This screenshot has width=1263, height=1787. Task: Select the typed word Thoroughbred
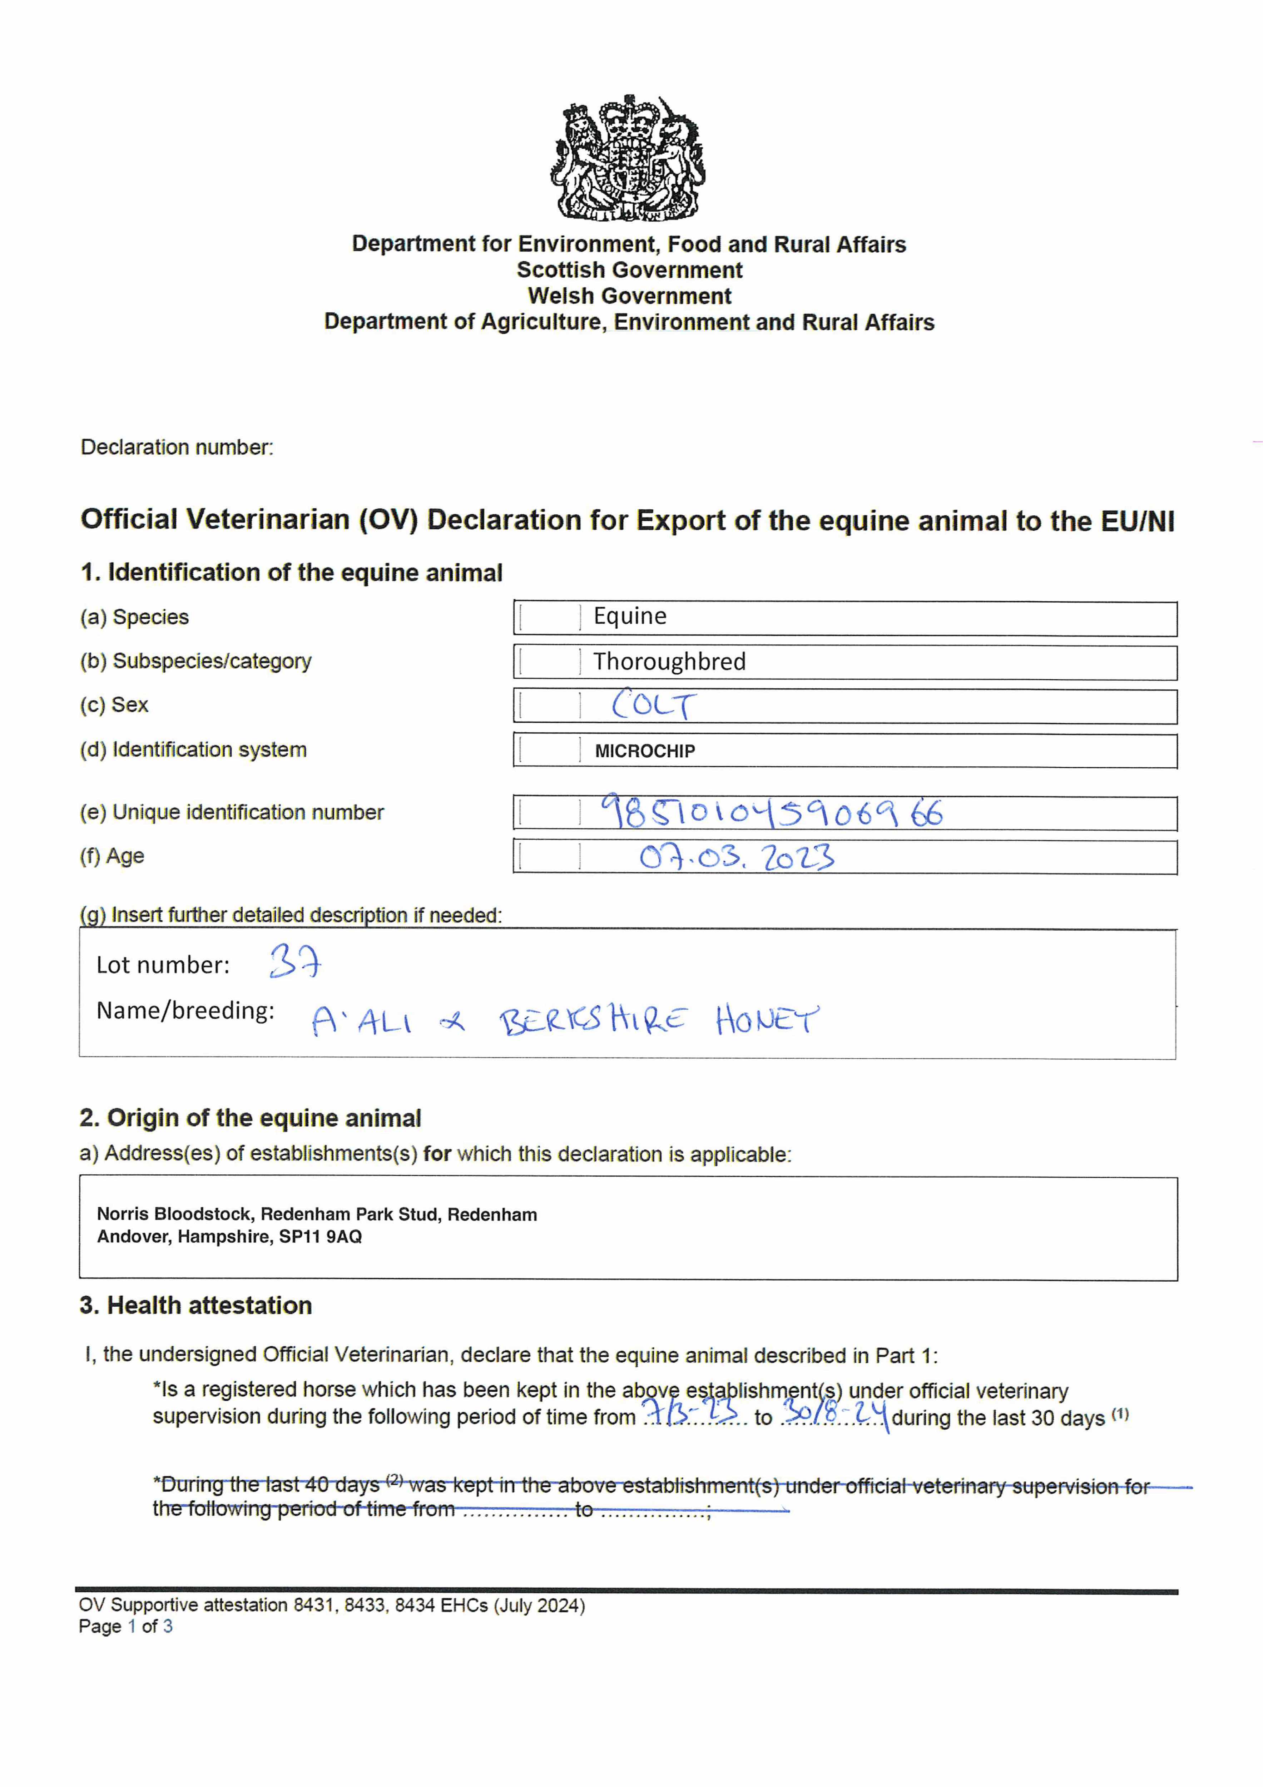pos(669,662)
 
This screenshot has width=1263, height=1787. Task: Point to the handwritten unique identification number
pos(771,813)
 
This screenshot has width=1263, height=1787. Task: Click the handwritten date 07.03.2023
pos(736,857)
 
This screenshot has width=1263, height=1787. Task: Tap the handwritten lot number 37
pos(294,963)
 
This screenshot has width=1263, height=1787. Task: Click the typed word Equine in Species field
pos(630,616)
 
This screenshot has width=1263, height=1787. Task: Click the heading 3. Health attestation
pos(195,1305)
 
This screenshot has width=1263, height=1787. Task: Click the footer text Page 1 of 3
pos(125,1626)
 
